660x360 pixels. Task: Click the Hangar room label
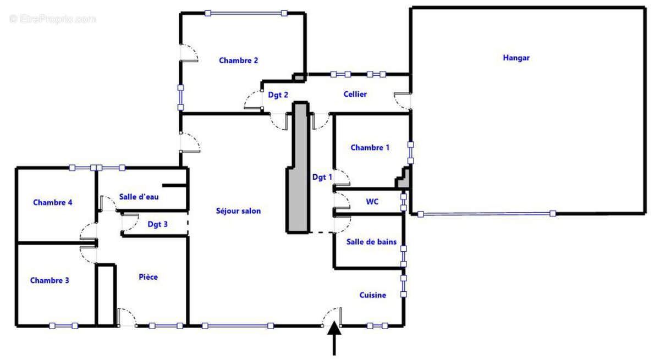point(516,58)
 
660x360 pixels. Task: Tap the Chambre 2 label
point(238,60)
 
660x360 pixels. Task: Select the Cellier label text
point(355,94)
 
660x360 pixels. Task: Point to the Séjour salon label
point(238,211)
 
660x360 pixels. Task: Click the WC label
point(372,202)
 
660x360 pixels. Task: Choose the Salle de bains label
point(371,242)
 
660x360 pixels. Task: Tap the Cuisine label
point(373,295)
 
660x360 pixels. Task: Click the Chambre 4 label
point(52,202)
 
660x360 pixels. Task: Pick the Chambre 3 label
point(50,280)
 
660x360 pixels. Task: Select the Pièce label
point(148,277)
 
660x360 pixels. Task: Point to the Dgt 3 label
point(157,224)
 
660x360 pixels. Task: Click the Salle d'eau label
point(139,197)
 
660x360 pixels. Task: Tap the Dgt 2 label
point(278,95)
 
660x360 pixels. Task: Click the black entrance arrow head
point(334,329)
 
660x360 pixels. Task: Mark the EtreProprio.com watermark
point(52,19)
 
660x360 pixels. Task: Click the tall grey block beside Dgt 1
point(298,168)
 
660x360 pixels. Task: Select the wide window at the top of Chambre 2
point(246,13)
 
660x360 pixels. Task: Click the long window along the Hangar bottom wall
point(486,214)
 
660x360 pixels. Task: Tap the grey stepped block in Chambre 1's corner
point(403,178)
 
